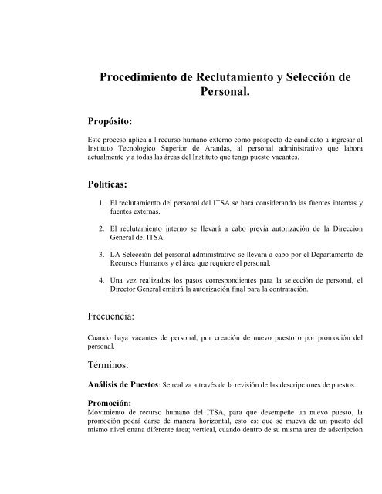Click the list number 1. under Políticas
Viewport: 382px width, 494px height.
click(102, 203)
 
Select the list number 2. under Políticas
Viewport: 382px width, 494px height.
click(102, 229)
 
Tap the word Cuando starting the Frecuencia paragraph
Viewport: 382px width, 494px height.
click(103, 337)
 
